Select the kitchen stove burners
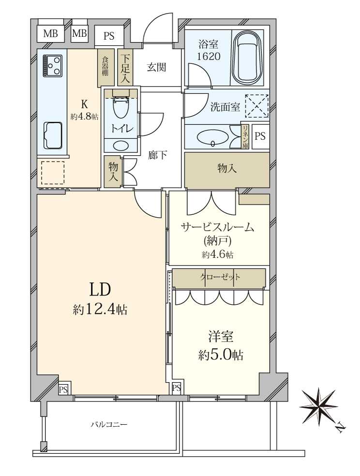(x=52, y=66)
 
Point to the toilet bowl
(x=120, y=107)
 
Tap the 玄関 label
(x=157, y=67)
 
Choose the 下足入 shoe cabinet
(x=125, y=67)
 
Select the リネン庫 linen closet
(x=245, y=136)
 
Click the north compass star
(x=319, y=407)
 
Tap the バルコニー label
(x=109, y=424)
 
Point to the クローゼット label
(x=220, y=277)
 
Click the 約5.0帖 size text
(x=221, y=355)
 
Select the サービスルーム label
(x=217, y=227)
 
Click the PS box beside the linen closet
(x=260, y=136)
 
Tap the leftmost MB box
(x=50, y=33)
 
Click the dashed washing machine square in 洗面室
(x=257, y=105)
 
